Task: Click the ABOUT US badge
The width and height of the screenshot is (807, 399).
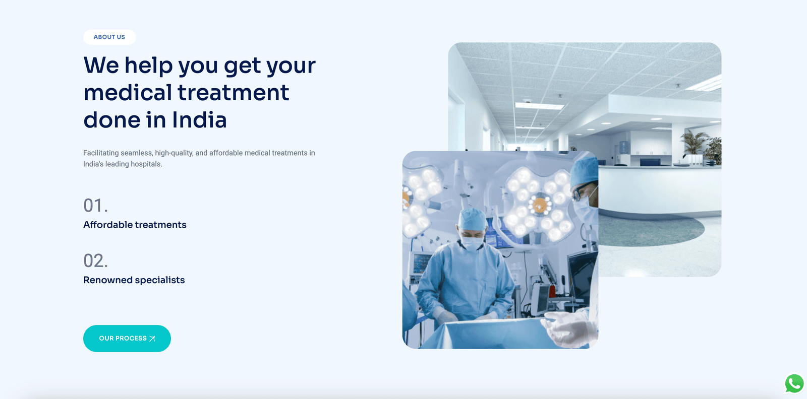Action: (x=109, y=37)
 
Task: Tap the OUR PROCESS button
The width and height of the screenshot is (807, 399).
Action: (x=127, y=338)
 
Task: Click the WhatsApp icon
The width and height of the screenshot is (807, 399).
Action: (x=794, y=383)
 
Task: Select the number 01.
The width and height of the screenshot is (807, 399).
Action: (x=95, y=206)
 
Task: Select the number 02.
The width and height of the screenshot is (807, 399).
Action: (x=95, y=260)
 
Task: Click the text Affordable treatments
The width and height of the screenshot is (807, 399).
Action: (x=135, y=225)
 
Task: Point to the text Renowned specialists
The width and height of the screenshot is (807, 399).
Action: (x=134, y=280)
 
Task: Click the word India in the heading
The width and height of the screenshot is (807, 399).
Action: (x=199, y=120)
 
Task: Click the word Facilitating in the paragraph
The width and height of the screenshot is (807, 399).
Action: (x=101, y=153)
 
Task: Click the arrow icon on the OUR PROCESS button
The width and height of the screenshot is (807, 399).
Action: (x=152, y=339)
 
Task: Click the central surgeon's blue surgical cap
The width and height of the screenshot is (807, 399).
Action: (x=472, y=218)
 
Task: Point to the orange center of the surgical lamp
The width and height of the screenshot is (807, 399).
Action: (x=540, y=206)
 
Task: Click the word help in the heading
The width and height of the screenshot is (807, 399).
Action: (x=148, y=66)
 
